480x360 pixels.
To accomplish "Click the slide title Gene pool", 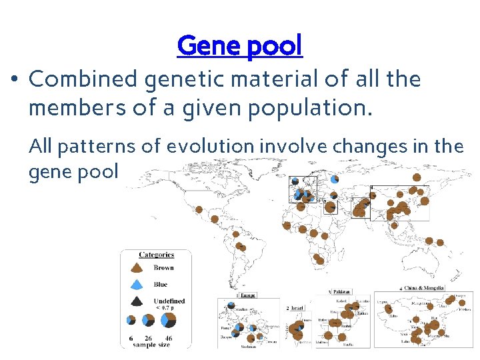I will click(x=239, y=45).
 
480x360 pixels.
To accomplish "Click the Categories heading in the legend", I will click(x=156, y=254).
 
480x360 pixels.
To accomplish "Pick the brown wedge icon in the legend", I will click(x=136, y=268).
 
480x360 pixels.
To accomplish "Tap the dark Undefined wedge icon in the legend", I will click(x=136, y=301).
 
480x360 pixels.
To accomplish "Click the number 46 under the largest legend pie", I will click(x=168, y=338).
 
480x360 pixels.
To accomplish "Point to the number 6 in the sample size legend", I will click(x=131, y=338).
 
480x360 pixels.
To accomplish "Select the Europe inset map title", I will click(x=248, y=294).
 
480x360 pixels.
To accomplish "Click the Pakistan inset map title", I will click(x=341, y=292).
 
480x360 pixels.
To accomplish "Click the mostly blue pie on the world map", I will click(x=334, y=179).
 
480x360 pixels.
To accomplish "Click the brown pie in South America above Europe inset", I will click(x=241, y=247).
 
